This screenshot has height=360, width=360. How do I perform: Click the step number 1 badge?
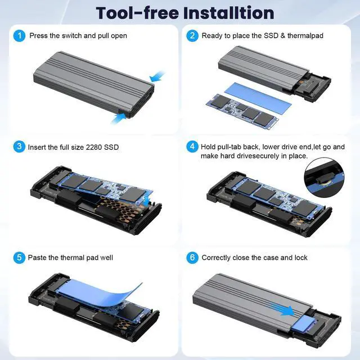(x=20, y=35)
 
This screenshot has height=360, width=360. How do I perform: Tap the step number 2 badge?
(x=192, y=35)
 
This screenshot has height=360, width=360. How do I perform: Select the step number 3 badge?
(x=20, y=147)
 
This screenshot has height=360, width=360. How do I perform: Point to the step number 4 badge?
(x=192, y=147)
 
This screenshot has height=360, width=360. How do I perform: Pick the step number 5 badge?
(x=20, y=258)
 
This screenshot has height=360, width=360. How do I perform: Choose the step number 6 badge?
(x=192, y=258)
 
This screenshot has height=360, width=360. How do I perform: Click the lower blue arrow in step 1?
(x=119, y=116)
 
